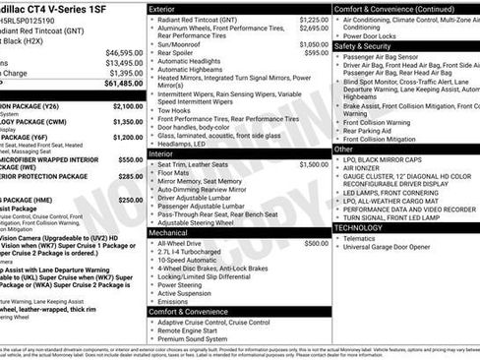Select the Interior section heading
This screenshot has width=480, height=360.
pos(162,153)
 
